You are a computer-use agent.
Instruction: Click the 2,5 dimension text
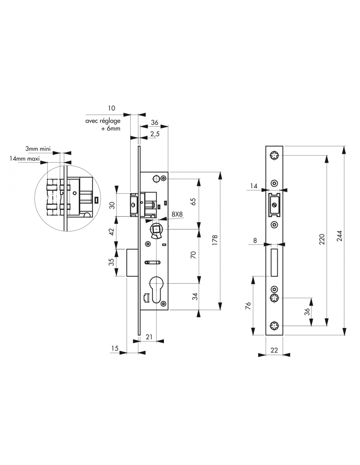point(155,134)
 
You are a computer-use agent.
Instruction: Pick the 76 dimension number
point(248,306)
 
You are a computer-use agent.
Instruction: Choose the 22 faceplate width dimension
point(274,350)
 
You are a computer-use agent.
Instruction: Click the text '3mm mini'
point(38,149)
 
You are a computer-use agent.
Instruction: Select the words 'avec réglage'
point(103,121)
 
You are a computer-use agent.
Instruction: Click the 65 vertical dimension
point(193,201)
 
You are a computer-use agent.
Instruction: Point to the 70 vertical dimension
point(193,255)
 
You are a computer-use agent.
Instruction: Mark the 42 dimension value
point(112,232)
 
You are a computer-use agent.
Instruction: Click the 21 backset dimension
point(149,337)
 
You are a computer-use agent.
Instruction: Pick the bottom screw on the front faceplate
point(274,325)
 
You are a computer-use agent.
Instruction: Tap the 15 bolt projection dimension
point(115,349)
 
